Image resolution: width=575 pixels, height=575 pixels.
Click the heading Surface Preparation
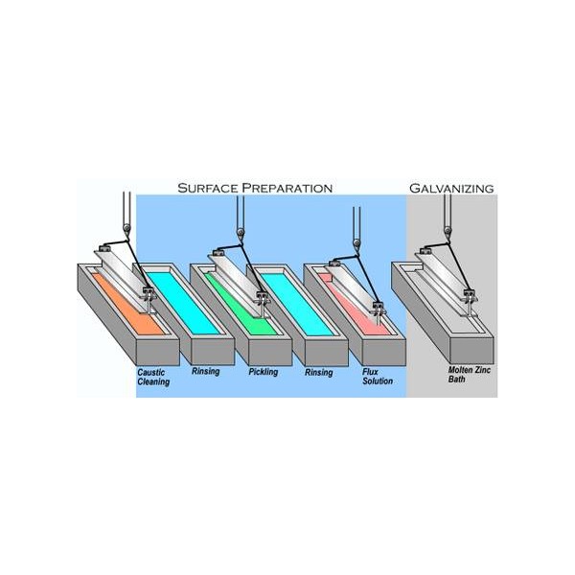pos(255,188)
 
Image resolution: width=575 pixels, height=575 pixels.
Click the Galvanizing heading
pos(451,188)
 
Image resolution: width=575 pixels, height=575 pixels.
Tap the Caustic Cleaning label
pos(153,378)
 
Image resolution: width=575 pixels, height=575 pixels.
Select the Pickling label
pos(264,372)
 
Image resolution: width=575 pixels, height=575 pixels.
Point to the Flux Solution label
pos(378,377)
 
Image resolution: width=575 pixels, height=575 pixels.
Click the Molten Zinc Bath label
pos(469,375)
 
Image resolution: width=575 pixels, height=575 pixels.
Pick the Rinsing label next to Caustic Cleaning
pos(205,372)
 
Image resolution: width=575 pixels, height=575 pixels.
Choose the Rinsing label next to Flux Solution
pos(319,373)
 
